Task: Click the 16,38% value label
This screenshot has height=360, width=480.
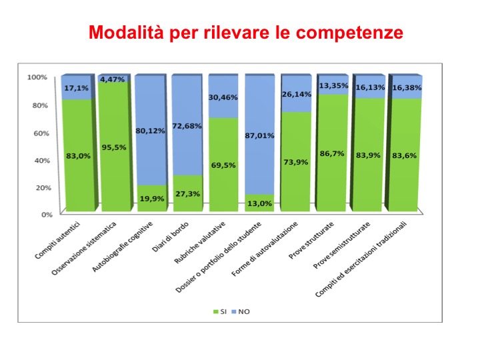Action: tap(407, 87)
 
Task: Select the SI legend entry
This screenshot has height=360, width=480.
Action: tap(221, 311)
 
